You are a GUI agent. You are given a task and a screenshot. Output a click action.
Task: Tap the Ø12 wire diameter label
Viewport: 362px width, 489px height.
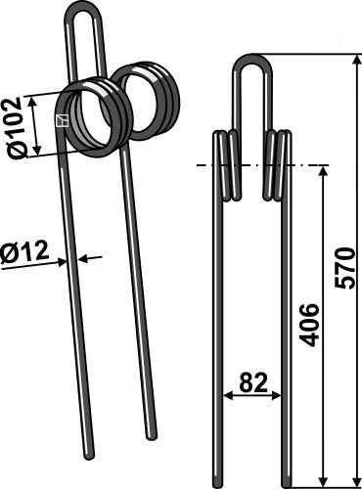point(24,255)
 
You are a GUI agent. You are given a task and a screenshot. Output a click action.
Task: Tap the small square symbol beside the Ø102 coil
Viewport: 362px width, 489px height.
point(61,120)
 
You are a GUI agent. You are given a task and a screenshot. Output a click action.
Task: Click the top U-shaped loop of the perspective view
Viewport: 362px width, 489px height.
point(87,15)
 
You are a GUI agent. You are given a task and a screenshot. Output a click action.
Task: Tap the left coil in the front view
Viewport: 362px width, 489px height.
point(226,164)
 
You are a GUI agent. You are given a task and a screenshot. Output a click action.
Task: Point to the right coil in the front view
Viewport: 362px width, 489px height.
point(281,164)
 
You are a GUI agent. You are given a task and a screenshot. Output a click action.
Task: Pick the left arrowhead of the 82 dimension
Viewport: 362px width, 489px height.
point(228,396)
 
